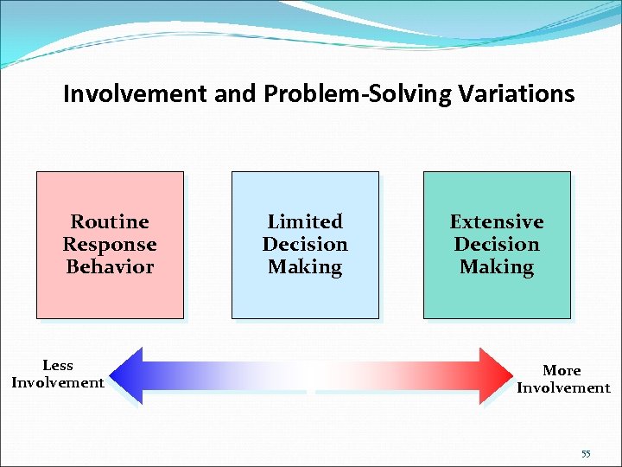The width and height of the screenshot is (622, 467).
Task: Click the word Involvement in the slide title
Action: coord(136,93)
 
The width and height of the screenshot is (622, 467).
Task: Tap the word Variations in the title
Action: coord(516,93)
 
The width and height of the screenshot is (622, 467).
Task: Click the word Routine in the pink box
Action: coord(110,222)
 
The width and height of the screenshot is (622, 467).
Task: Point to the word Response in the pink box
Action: coord(110,245)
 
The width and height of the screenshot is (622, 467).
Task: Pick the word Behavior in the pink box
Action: coord(110,267)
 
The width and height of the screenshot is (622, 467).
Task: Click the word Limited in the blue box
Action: coord(305,222)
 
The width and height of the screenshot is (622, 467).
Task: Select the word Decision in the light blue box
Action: coord(305,245)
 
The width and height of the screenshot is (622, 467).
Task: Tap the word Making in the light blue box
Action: coord(305,267)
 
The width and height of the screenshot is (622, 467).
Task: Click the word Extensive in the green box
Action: coord(497,222)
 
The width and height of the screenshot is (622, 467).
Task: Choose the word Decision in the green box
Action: coord(497,245)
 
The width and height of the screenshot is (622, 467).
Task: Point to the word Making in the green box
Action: coord(497,267)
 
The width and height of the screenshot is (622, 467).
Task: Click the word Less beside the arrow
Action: coord(58,366)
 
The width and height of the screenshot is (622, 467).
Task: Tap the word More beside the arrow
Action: coord(562,371)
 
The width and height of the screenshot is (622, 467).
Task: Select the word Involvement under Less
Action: coord(58,383)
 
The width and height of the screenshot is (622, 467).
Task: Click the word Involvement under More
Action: coord(563,388)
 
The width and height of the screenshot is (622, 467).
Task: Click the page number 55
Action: coord(586,454)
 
